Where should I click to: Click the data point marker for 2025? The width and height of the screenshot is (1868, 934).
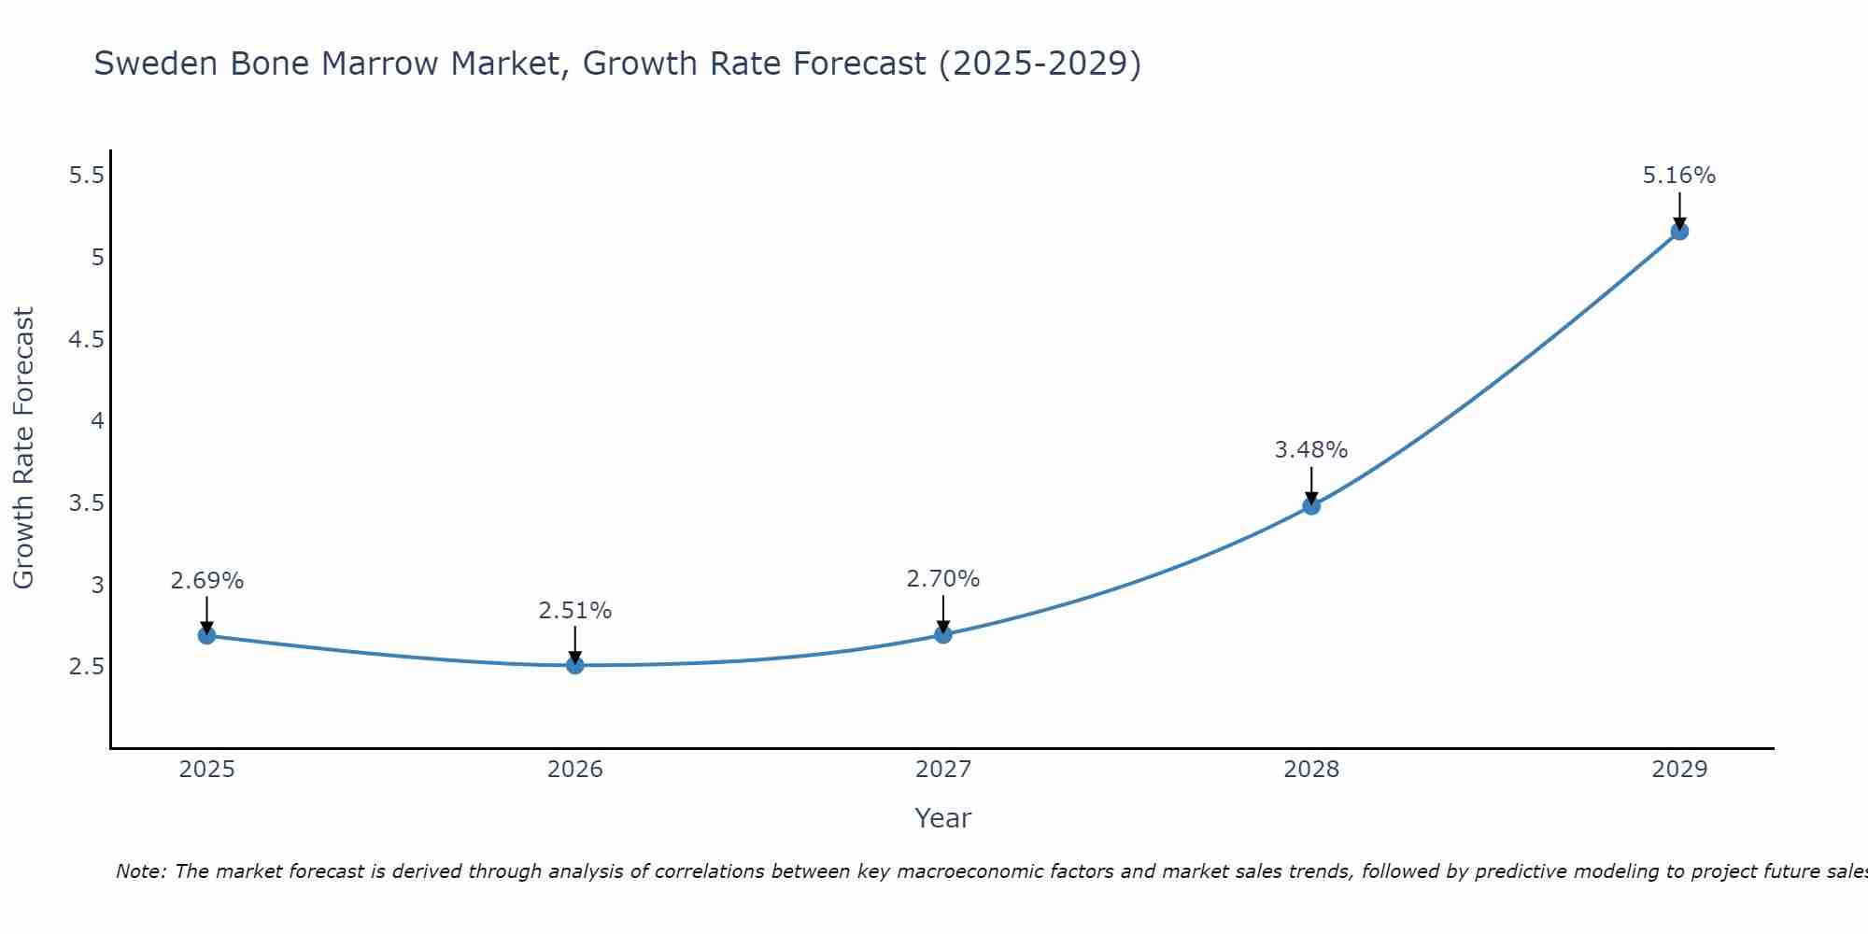(206, 635)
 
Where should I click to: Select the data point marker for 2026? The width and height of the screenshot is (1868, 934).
(574, 665)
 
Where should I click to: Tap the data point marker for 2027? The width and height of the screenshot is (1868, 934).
(942, 634)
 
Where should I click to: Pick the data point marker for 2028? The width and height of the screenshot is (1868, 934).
(1310, 506)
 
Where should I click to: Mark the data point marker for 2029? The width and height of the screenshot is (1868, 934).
(1678, 231)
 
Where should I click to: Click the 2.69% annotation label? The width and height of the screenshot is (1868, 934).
(206, 581)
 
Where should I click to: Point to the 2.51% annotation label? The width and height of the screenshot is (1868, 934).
(574, 611)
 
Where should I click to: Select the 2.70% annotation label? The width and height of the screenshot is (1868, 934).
(942, 579)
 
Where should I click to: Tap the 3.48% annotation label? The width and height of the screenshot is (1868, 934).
(1310, 450)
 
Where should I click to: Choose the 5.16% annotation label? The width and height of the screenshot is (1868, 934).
(1678, 176)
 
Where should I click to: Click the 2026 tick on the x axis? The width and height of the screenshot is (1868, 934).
(574, 770)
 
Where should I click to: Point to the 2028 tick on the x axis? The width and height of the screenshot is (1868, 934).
(1310, 770)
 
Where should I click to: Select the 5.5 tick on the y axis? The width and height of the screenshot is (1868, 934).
(86, 175)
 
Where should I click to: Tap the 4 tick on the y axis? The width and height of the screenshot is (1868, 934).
(97, 421)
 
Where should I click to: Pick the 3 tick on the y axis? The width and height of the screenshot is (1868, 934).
(97, 586)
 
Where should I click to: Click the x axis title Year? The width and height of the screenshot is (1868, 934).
(942, 818)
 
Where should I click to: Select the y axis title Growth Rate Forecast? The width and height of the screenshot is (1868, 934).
(23, 448)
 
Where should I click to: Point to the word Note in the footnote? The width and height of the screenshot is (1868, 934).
(140, 871)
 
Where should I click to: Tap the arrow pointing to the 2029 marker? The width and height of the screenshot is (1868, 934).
(1678, 209)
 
